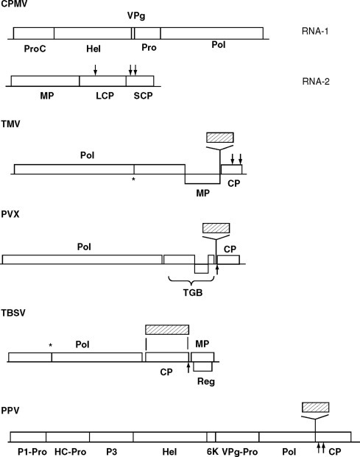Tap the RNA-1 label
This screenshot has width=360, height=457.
tap(308, 34)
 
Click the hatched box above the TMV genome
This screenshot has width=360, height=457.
tap(220, 138)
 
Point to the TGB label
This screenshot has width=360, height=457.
tap(194, 291)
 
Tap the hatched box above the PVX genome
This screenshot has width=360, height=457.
tap(216, 228)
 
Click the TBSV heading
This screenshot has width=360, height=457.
tap(13, 311)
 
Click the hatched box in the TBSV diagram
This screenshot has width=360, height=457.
tap(167, 328)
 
